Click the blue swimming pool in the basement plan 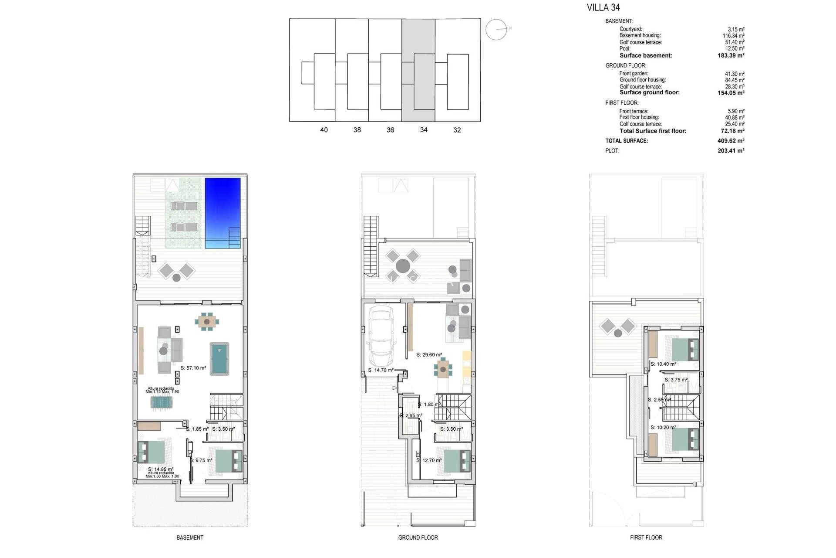coord(222,212)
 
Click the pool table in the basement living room coord(219,359)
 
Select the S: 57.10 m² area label coord(193,368)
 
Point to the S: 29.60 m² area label coord(429,355)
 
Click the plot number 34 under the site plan coord(424,130)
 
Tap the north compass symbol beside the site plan coord(496,30)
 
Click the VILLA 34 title coord(603,7)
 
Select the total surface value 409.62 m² coord(731,141)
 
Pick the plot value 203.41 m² coord(731,151)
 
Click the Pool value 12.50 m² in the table coord(735,48)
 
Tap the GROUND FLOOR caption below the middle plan coord(418,538)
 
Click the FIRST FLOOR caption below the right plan coord(646,538)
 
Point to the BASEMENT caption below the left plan coord(190,538)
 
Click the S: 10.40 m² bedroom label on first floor coord(663,364)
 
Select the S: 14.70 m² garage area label coord(381,370)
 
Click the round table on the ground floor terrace coord(403,266)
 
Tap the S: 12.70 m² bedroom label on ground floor coord(429,460)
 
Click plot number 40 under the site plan coord(324,130)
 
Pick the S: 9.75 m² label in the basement coord(201,460)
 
